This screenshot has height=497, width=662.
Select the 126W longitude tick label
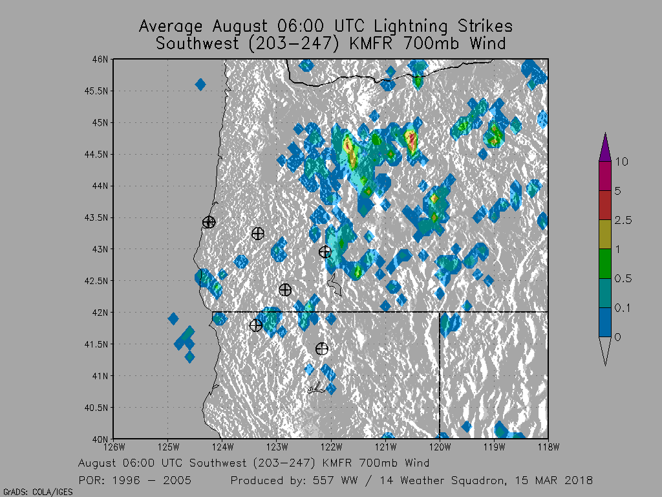114,446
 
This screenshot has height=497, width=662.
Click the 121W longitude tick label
385,446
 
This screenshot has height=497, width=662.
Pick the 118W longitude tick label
548,446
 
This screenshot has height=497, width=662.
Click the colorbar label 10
621,162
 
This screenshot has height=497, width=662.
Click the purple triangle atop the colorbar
605,147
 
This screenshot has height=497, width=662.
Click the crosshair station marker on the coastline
208,222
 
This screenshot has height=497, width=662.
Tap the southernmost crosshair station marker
322,349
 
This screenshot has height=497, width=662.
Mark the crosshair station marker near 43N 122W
325,252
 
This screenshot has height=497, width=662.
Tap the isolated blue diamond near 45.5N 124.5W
200,84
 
